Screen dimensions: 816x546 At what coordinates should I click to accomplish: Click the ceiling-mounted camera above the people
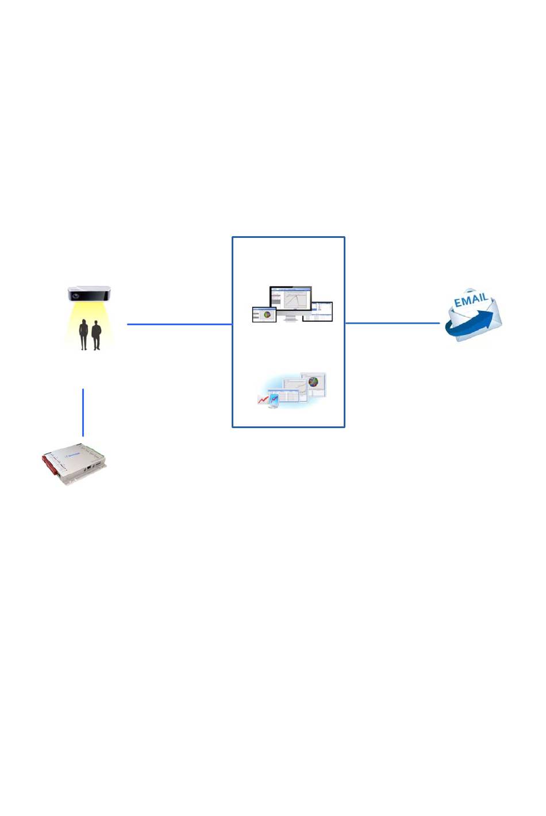tap(89, 294)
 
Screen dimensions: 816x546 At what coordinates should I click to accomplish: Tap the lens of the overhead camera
tap(75, 295)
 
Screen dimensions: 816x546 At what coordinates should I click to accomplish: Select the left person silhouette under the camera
tap(84, 334)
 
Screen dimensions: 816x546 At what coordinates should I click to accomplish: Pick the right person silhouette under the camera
tap(96, 335)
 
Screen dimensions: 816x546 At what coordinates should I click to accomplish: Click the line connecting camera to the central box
tap(179, 324)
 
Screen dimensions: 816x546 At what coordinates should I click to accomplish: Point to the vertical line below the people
tap(83, 412)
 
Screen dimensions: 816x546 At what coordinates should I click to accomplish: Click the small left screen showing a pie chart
tap(264, 315)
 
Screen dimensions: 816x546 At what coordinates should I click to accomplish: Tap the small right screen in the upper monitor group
tap(318, 311)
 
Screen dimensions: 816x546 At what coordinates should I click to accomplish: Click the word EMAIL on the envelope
tap(471, 300)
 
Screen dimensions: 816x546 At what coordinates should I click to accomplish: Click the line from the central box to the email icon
tap(393, 323)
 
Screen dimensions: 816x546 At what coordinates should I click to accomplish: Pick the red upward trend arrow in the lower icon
tap(264, 398)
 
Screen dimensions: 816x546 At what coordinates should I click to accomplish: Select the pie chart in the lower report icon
tap(313, 382)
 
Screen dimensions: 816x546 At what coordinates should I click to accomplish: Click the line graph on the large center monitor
tap(298, 299)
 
